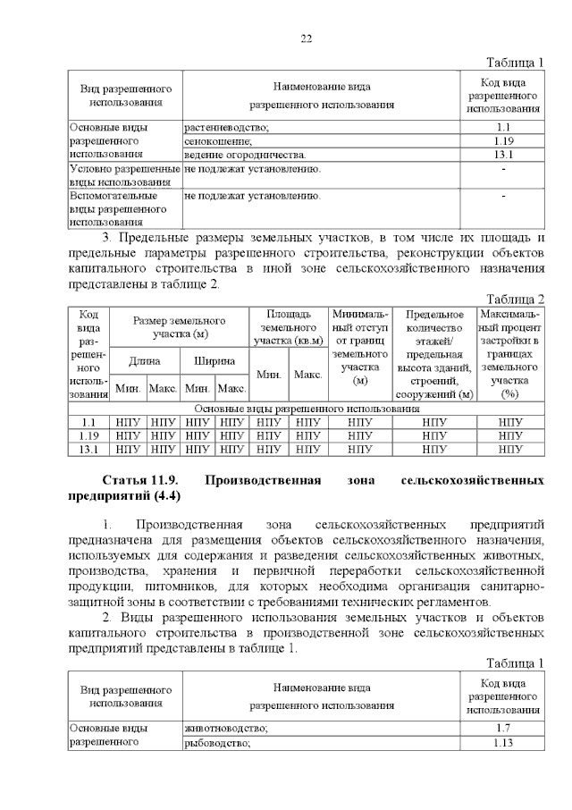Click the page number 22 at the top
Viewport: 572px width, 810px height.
305,38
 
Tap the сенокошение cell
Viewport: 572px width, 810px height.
220,141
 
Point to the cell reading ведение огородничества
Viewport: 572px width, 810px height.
245,155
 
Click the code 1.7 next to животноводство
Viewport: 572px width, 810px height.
502,730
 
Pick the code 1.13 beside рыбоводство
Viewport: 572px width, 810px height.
502,743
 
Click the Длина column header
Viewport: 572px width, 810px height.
145,361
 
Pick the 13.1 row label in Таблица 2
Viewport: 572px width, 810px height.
88,450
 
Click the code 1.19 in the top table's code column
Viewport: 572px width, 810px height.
502,141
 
